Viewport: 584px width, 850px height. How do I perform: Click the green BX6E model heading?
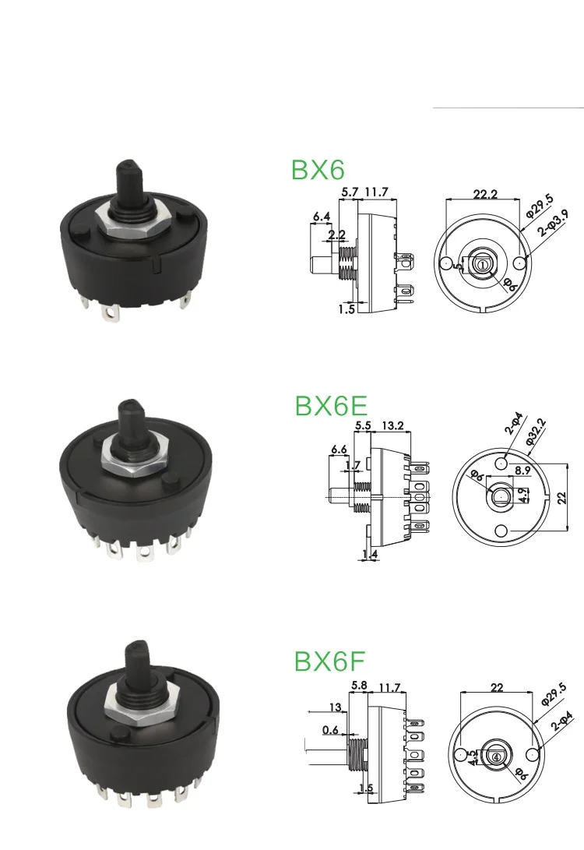click(330, 407)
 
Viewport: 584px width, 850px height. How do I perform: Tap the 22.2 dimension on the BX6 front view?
click(484, 194)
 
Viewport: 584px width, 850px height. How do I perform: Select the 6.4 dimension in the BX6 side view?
click(322, 217)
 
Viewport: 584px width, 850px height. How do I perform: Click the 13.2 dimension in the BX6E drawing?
click(394, 425)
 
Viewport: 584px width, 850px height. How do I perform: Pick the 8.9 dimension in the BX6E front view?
click(522, 470)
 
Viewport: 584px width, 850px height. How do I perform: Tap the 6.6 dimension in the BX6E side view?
click(339, 450)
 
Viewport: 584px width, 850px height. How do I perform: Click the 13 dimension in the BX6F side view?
click(336, 707)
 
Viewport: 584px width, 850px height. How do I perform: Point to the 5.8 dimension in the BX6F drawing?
click(359, 686)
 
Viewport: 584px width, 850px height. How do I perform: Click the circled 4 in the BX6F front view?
click(496, 754)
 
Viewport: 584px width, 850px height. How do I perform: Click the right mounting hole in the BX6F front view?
click(533, 754)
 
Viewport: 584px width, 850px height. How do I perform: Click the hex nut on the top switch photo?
click(132, 220)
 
